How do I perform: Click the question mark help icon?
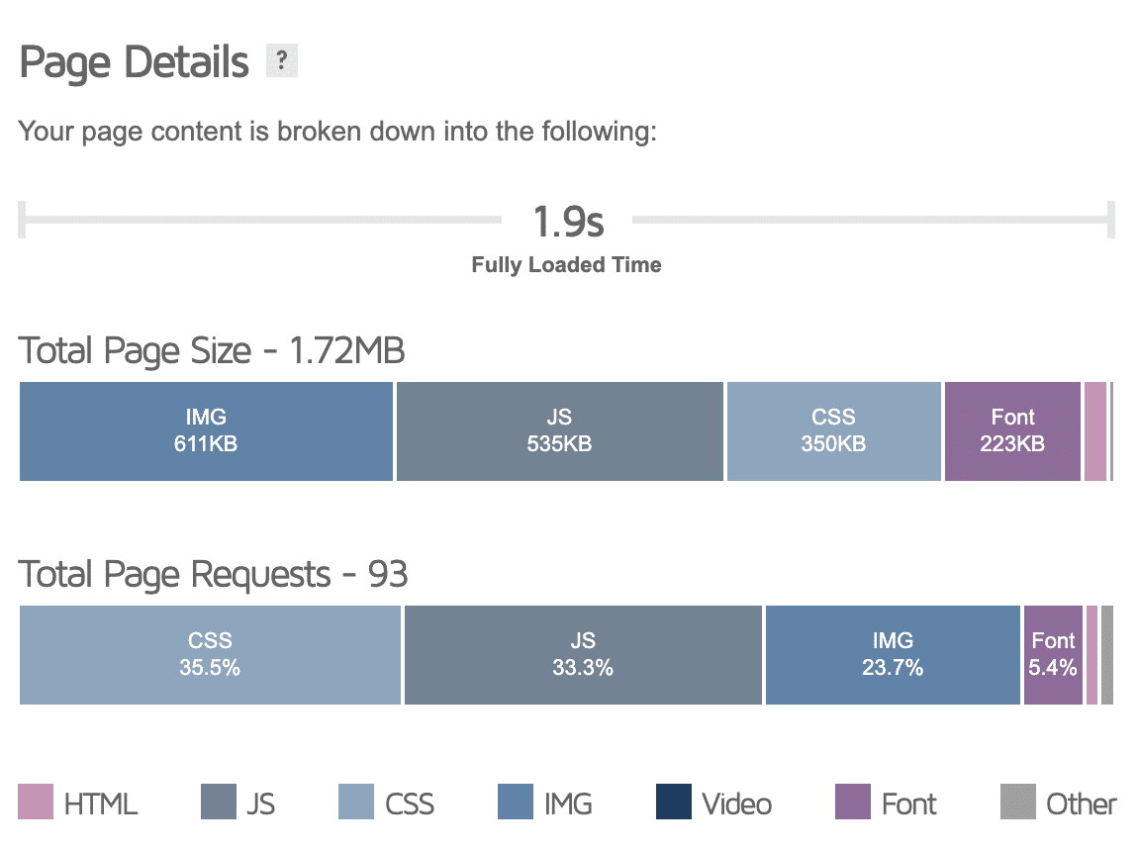click(282, 62)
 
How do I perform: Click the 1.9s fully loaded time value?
click(567, 222)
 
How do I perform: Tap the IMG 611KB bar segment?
click(206, 431)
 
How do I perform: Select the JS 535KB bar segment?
click(559, 431)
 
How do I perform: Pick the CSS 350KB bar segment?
click(833, 431)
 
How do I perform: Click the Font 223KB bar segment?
click(1012, 431)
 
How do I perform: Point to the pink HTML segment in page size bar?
click(1094, 431)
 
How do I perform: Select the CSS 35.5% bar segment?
click(210, 655)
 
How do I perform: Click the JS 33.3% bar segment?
click(583, 655)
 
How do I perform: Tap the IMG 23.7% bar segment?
click(893, 655)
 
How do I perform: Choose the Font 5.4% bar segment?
click(1053, 655)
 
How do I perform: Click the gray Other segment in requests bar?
click(1107, 655)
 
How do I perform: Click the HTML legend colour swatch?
click(37, 803)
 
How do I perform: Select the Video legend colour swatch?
click(673, 803)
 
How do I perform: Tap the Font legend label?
click(908, 804)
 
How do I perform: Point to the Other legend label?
click(1081, 804)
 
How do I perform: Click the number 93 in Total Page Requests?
click(387, 575)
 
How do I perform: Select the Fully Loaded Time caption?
click(566, 265)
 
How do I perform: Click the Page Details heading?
click(135, 63)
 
